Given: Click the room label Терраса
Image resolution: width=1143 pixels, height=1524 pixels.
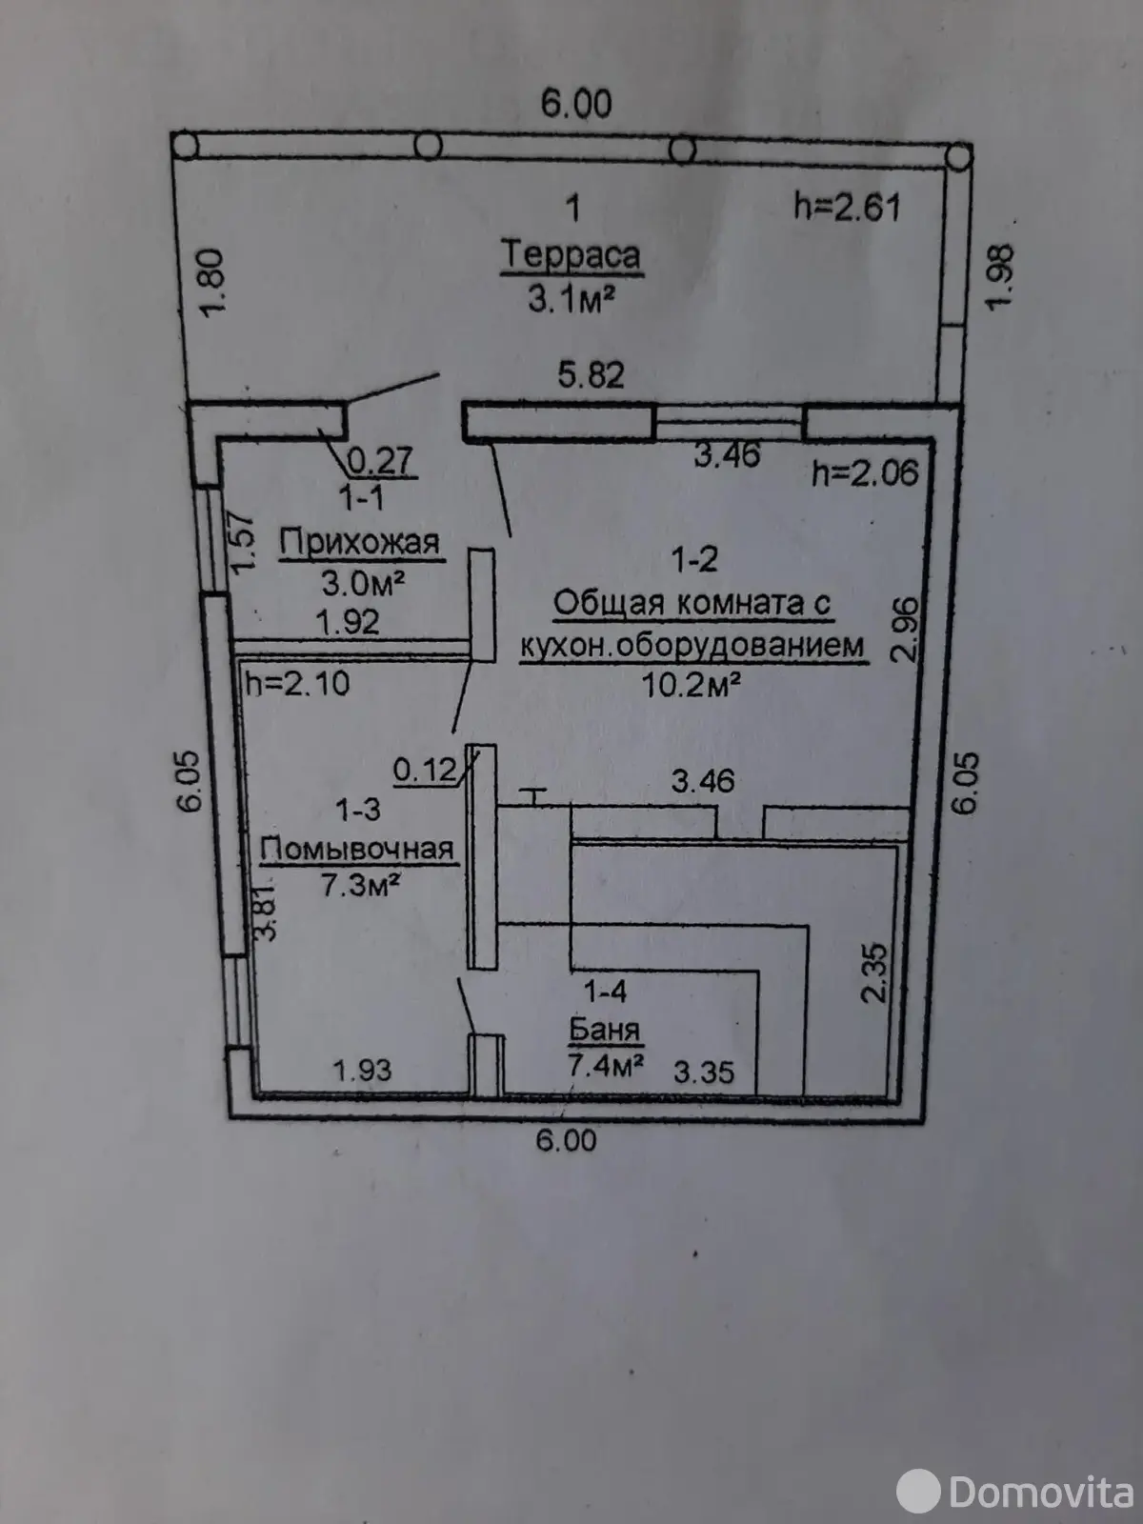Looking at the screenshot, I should coord(571,255).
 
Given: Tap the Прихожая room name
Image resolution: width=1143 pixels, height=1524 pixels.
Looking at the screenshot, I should coord(359,543).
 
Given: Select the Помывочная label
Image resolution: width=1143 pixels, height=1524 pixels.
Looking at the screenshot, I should coord(357,848).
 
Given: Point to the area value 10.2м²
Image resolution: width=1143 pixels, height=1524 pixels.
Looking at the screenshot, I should coord(692,685).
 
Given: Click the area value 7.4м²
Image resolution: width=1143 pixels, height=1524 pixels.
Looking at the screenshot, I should coord(606,1064).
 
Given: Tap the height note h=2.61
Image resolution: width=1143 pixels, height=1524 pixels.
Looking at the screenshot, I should coord(847,207).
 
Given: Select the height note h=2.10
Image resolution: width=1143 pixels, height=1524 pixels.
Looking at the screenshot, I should coord(297,683).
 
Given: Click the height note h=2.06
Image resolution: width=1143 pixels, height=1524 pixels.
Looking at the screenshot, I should coord(865,473).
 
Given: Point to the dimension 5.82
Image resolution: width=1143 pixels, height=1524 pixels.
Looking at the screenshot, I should coord(591,375).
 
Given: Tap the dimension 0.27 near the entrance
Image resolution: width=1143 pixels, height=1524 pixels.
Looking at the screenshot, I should coord(379,462).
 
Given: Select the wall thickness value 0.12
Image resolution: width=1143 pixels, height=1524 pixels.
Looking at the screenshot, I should coord(425,769).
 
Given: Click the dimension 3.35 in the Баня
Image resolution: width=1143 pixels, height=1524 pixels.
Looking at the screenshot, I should coord(704,1073).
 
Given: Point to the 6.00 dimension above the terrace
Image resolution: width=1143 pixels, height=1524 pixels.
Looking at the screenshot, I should coord(576,103).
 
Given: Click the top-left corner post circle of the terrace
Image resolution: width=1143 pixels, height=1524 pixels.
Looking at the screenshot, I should coord(188,145).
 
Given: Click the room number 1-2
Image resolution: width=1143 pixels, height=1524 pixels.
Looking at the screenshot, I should coord(694,559).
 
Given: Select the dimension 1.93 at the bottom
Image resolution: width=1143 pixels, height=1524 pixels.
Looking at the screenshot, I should coord(362,1070).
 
